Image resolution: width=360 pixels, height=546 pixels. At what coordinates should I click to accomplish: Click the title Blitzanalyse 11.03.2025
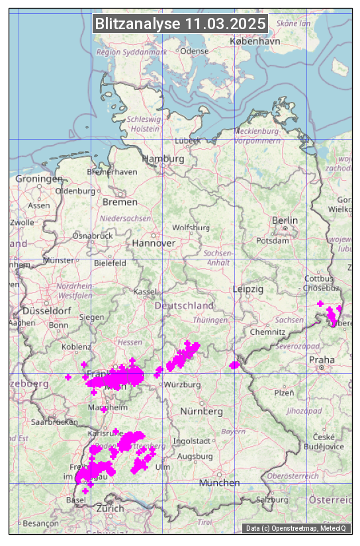click(x=180, y=24)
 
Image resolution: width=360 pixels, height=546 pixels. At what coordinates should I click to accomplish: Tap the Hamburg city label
click(x=163, y=159)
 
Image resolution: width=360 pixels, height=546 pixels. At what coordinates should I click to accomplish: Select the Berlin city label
click(x=285, y=220)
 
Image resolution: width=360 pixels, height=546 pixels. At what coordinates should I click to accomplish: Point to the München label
click(x=220, y=482)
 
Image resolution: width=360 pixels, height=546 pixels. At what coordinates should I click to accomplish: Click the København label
click(x=255, y=40)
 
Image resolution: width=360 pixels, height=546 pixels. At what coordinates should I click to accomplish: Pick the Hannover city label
click(x=154, y=243)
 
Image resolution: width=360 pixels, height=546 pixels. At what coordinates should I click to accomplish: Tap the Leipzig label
click(x=248, y=289)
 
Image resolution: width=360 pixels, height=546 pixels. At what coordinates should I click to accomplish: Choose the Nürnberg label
click(x=202, y=411)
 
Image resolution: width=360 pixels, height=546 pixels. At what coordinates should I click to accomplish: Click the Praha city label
click(x=321, y=359)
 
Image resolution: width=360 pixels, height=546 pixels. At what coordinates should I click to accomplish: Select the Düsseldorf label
click(x=46, y=310)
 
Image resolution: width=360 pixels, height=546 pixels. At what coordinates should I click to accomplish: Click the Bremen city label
click(x=120, y=202)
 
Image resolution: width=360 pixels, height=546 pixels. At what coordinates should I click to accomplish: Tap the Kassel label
click(x=144, y=291)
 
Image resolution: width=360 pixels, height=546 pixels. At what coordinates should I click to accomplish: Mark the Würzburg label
click(x=183, y=385)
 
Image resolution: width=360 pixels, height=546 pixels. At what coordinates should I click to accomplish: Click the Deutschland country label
click(x=184, y=305)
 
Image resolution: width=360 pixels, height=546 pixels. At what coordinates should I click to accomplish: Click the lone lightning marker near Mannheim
click(x=104, y=410)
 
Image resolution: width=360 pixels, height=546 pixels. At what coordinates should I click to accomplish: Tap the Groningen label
click(x=38, y=179)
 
